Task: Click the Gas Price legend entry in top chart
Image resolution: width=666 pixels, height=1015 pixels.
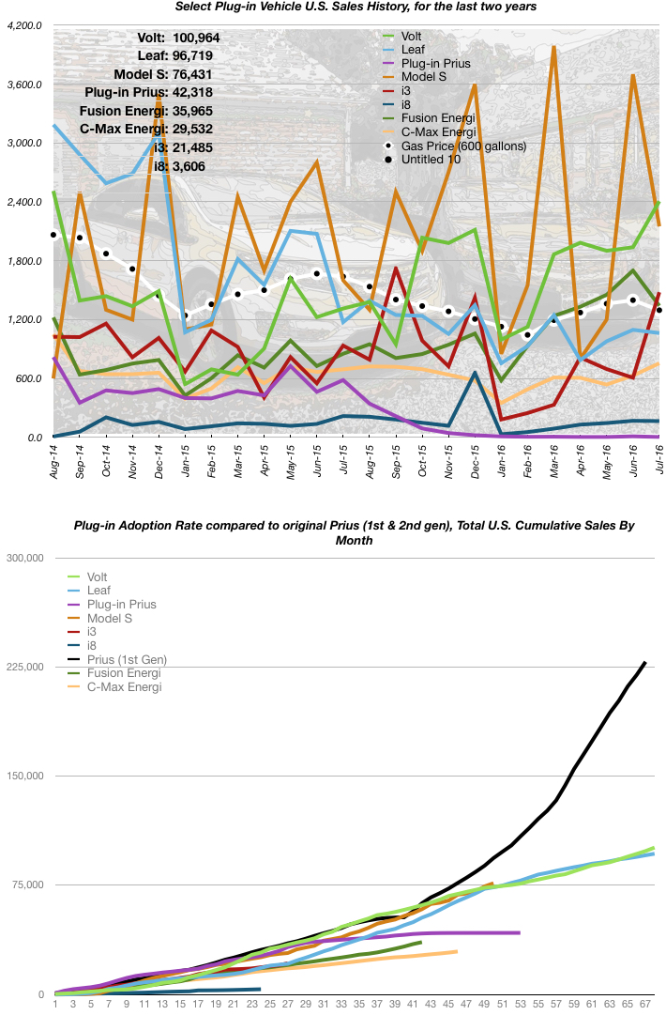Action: [x=462, y=146]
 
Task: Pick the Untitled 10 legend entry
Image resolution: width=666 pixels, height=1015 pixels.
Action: [x=433, y=160]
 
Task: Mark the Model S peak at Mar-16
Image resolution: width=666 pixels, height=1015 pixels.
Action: [x=554, y=47]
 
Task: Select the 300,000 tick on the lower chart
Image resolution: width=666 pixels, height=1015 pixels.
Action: [x=24, y=558]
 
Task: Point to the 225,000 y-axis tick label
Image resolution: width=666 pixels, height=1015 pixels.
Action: [x=24, y=667]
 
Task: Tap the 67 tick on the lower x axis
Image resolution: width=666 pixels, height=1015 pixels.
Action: [x=644, y=1005]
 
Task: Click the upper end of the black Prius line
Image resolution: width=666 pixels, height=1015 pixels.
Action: [x=645, y=662]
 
